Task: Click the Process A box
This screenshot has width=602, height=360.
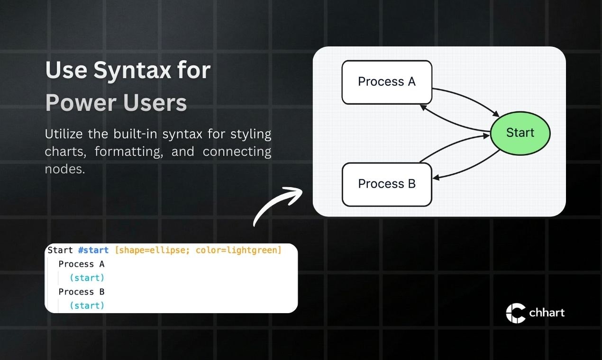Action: [387, 82]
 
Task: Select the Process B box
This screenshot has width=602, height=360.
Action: [387, 184]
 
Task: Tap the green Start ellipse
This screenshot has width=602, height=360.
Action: [520, 133]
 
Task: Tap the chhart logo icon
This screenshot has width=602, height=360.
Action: [515, 313]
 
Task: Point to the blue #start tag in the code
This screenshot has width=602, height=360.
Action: [93, 250]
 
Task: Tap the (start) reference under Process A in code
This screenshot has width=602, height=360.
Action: [87, 278]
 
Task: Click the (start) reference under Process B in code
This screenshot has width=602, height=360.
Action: [87, 306]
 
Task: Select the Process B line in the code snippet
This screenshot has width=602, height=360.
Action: [82, 292]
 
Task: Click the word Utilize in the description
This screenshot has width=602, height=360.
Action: [64, 134]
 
